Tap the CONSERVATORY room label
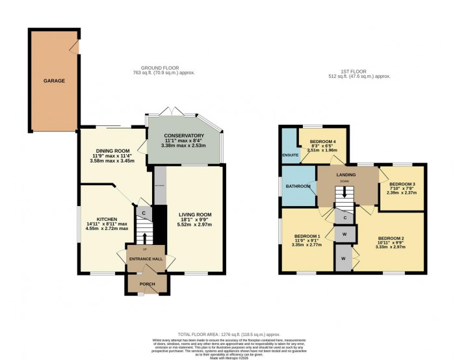184,135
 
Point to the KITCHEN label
106,219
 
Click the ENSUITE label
290,155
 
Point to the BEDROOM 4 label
322,141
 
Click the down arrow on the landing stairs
345,192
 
